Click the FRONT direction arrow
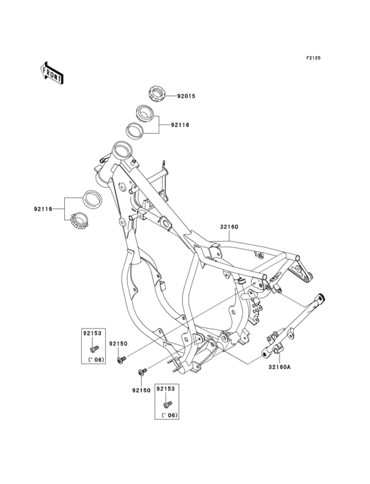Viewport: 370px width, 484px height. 52,73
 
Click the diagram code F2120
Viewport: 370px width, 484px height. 313,58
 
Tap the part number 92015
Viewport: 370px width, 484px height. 186,96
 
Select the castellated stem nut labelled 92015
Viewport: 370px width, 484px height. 157,93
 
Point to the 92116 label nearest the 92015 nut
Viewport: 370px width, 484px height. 180,125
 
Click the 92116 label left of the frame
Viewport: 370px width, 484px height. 43,209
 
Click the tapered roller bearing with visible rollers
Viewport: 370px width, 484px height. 79,221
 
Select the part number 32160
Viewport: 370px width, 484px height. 229,227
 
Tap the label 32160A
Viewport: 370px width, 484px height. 279,367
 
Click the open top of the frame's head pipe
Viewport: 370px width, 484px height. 122,149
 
